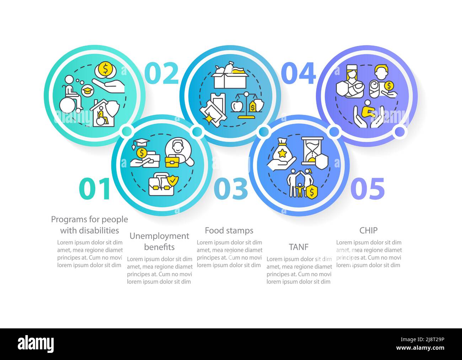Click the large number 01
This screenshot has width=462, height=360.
(x=94, y=189)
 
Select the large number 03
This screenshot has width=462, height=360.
(x=231, y=189)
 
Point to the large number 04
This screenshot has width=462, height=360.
(x=298, y=73)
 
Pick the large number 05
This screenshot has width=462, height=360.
(x=368, y=189)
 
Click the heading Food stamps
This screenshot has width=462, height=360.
(x=229, y=231)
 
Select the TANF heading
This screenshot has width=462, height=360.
(x=299, y=247)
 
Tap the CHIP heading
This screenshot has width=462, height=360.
(x=368, y=230)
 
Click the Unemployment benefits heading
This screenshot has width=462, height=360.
(x=159, y=241)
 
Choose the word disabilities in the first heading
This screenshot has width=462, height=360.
(x=90, y=231)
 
